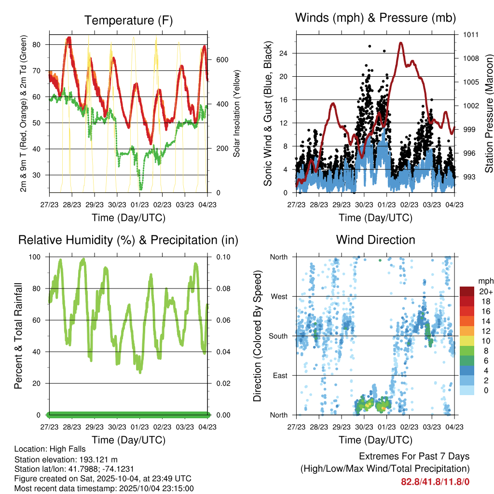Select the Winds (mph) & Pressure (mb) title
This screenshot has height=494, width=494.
click(375, 18)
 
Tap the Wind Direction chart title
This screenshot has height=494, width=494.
click(375, 240)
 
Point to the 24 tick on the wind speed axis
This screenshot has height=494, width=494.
click(286, 53)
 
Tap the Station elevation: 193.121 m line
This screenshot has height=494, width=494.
click(66, 459)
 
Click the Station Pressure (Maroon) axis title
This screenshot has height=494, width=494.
click(489, 113)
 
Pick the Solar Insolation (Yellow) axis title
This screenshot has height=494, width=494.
click(237, 113)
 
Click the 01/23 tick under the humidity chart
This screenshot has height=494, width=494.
click(140, 427)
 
